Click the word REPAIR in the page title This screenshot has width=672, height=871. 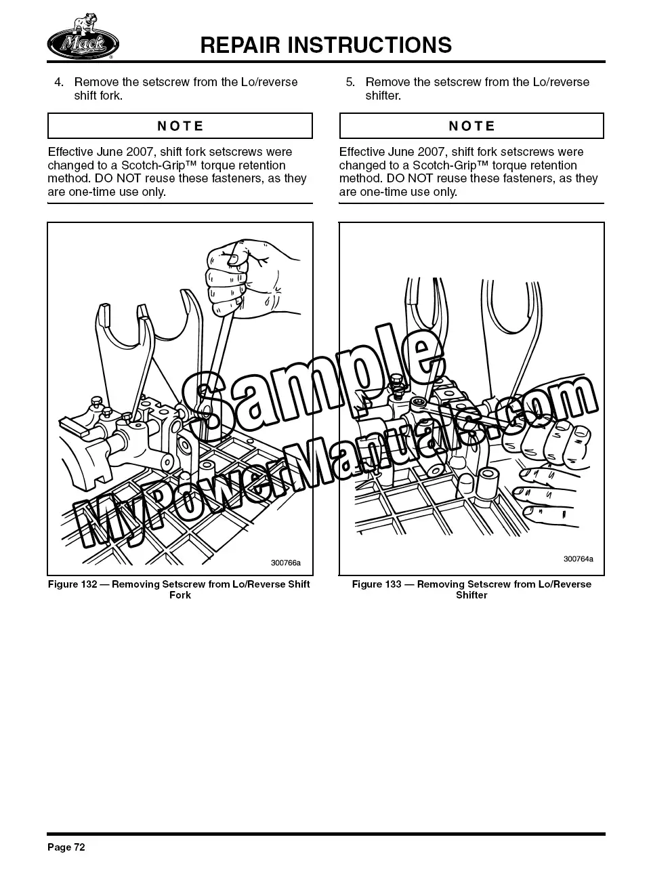click(240, 45)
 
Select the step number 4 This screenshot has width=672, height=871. click(58, 82)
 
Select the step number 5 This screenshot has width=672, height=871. click(350, 82)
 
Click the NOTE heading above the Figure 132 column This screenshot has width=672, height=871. click(180, 126)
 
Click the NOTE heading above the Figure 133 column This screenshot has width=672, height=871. click(471, 126)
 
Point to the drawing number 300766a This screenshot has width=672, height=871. click(286, 563)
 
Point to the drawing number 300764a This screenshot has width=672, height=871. click(579, 559)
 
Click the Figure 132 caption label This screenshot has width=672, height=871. click(72, 584)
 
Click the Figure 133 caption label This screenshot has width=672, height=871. click(377, 584)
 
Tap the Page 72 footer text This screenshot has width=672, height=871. click(66, 847)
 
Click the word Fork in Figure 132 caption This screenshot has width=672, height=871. click(180, 595)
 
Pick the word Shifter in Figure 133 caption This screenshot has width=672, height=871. click(471, 595)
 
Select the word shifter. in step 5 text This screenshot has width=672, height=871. click(383, 96)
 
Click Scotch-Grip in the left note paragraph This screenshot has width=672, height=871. click(152, 165)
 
